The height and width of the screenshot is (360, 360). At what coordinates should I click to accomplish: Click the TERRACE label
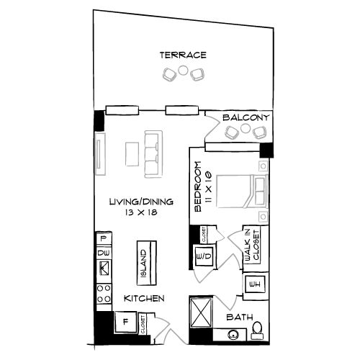tap(184, 55)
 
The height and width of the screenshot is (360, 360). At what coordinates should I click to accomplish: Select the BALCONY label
tap(246, 118)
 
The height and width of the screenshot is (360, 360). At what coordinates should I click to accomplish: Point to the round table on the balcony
tap(246, 132)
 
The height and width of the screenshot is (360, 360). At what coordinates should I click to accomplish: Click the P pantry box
tap(103, 238)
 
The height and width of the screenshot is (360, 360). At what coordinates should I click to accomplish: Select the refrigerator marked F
tap(125, 321)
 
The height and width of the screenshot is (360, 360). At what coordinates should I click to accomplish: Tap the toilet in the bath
tap(257, 330)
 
